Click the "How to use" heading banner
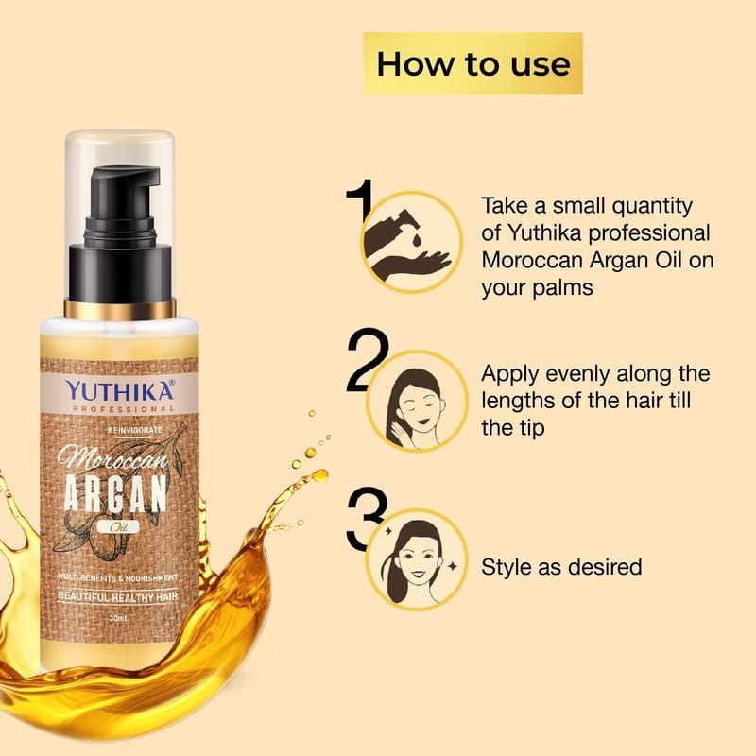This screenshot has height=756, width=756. pos(472,63)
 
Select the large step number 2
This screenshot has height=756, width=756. pos(368,360)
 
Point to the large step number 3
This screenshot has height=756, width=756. pos(367,518)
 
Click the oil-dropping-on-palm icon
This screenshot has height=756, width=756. pos(412,242)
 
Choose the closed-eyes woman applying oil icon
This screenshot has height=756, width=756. pos(418,401)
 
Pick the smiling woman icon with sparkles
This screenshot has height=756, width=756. pos(418,559)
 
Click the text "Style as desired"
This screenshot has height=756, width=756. pos(561,567)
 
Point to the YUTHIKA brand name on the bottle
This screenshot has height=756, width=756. pos(120,390)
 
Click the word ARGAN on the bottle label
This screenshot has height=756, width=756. pos(115,493)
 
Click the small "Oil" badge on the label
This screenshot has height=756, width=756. pos(117,527)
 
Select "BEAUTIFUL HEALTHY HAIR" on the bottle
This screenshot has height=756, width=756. pos(117,597)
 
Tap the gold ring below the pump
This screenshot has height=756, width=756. pos(120,309)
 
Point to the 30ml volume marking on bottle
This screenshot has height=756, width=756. pos(118,618)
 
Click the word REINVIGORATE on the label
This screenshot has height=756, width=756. pos(135,430)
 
